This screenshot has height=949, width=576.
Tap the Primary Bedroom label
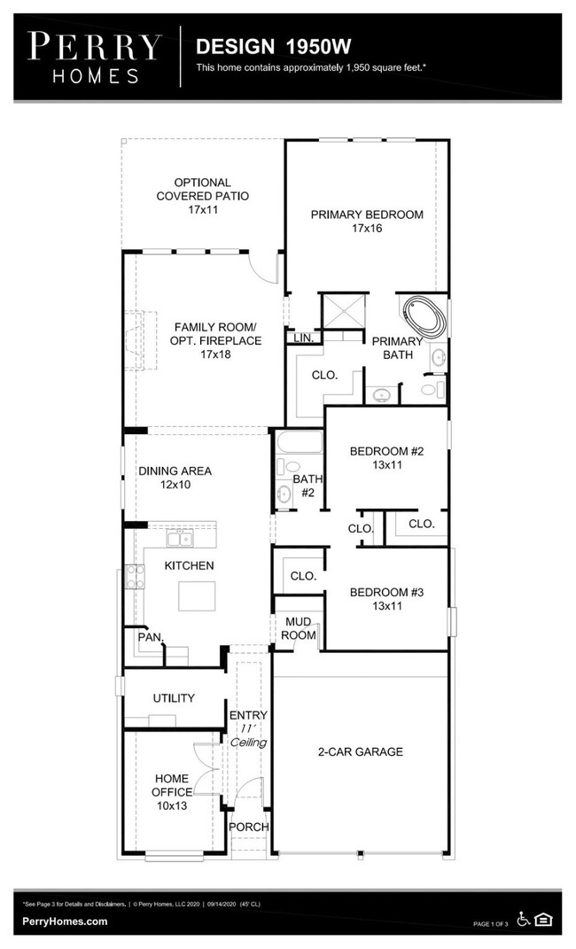(x=366, y=222)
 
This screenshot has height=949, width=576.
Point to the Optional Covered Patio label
(x=202, y=197)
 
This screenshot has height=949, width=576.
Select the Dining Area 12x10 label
(x=175, y=478)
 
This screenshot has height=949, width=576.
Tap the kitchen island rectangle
(x=197, y=595)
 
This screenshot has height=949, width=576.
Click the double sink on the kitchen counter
(x=181, y=538)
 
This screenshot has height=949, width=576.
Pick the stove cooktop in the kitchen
(x=136, y=577)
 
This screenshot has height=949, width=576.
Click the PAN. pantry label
(x=148, y=636)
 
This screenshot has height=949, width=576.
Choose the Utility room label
(x=174, y=698)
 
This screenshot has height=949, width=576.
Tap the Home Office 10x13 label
(x=171, y=792)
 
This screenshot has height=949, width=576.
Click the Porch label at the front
(x=249, y=828)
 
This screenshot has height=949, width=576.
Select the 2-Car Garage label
(x=360, y=752)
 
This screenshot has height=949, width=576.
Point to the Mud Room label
(x=299, y=629)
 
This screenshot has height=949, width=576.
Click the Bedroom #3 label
(x=386, y=600)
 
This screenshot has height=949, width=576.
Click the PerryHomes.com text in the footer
(x=66, y=922)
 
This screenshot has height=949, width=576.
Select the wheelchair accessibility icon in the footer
(x=524, y=920)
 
